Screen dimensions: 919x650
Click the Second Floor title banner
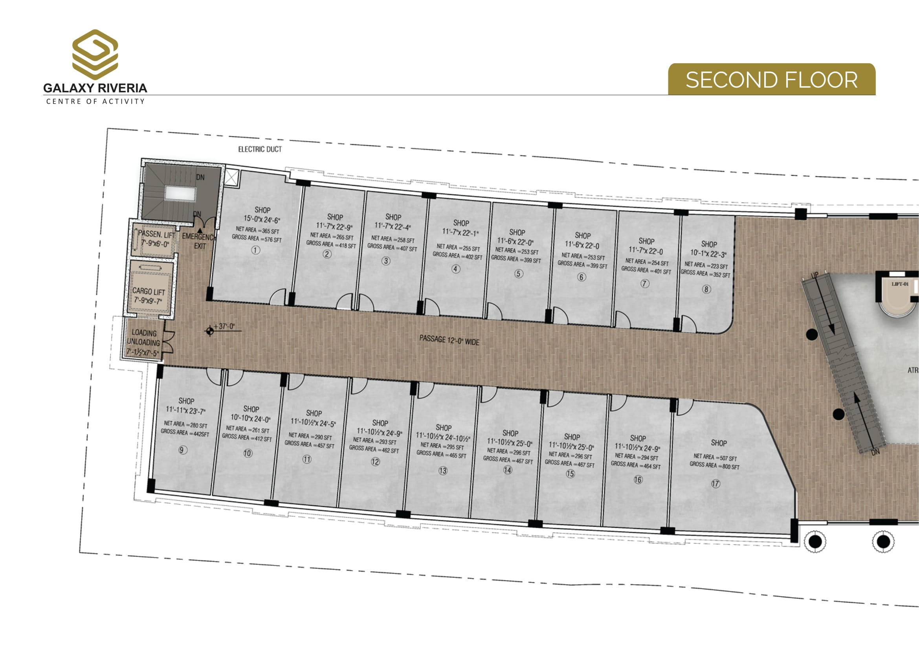pyautogui.click(x=772, y=79)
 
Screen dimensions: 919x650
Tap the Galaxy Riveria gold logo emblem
pyautogui.click(x=95, y=55)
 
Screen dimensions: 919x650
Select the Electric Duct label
pyautogui.click(x=260, y=149)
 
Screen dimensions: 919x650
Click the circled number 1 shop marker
pyautogui.click(x=255, y=250)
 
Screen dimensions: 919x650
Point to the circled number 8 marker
pyautogui.click(x=706, y=289)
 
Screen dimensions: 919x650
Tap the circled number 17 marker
pyautogui.click(x=715, y=483)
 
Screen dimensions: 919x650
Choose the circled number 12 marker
pyautogui.click(x=375, y=461)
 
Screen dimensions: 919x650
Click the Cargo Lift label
pyautogui.click(x=149, y=296)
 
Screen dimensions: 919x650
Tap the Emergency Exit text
pyautogui.click(x=199, y=241)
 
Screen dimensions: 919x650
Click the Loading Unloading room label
pyautogui.click(x=143, y=343)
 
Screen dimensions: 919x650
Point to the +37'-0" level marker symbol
pyautogui.click(x=209, y=331)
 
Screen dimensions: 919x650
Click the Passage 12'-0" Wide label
pyautogui.click(x=449, y=340)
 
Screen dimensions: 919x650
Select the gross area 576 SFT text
pyautogui.click(x=257, y=238)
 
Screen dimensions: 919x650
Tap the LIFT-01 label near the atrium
pyautogui.click(x=900, y=284)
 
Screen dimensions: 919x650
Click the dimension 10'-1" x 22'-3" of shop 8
pyautogui.click(x=708, y=253)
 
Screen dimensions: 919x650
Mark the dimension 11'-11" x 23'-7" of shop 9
pyautogui.click(x=186, y=410)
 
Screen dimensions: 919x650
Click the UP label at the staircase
pyautogui.click(x=814, y=275)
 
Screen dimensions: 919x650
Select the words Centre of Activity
pyautogui.click(x=95, y=101)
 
